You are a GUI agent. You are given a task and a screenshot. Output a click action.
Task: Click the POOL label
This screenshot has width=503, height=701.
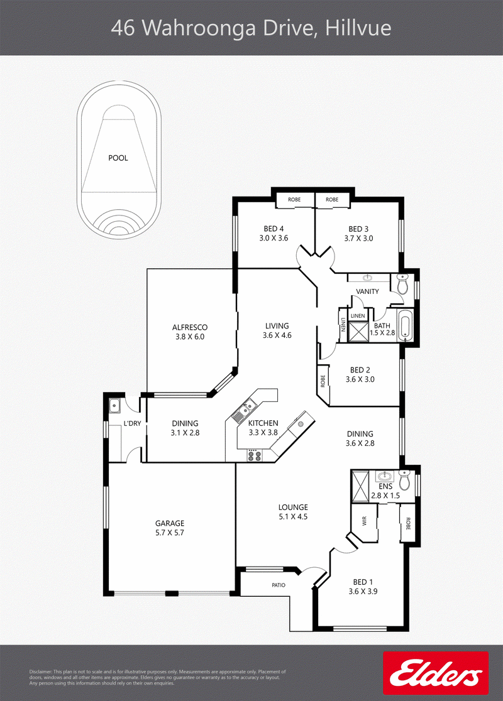(118, 158)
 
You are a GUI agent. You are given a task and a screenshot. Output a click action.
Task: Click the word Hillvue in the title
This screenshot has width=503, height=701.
(358, 28)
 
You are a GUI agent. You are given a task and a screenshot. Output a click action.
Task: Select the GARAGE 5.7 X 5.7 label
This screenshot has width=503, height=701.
(170, 528)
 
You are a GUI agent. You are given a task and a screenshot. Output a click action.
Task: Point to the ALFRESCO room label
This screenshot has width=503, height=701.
(190, 327)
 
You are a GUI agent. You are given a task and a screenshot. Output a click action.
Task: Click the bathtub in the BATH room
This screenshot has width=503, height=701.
(405, 327)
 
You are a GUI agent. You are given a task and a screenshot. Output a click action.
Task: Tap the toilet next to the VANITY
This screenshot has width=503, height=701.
(403, 285)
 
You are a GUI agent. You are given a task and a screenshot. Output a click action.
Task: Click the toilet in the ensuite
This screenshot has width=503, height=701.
(404, 480)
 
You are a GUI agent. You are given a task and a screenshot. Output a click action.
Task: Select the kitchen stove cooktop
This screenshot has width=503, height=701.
(255, 455)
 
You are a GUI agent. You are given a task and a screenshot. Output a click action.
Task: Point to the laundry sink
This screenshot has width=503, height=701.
(115, 406)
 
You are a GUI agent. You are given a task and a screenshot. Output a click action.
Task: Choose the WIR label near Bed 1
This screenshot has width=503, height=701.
(364, 521)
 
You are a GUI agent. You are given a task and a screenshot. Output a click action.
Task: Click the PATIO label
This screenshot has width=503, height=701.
(279, 585)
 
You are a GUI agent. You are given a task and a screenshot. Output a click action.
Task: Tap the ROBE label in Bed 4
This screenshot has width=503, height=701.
(294, 199)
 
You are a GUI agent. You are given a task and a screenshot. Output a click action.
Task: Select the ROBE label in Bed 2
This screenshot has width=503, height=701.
(323, 380)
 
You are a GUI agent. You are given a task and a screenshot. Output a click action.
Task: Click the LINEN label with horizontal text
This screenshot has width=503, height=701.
(358, 316)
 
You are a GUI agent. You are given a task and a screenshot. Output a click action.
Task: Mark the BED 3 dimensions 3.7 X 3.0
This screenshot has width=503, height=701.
(358, 238)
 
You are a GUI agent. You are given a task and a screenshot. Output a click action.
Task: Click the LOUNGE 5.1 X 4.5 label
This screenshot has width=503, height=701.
(293, 512)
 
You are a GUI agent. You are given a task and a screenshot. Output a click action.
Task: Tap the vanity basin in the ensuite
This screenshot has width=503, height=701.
(384, 475)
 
